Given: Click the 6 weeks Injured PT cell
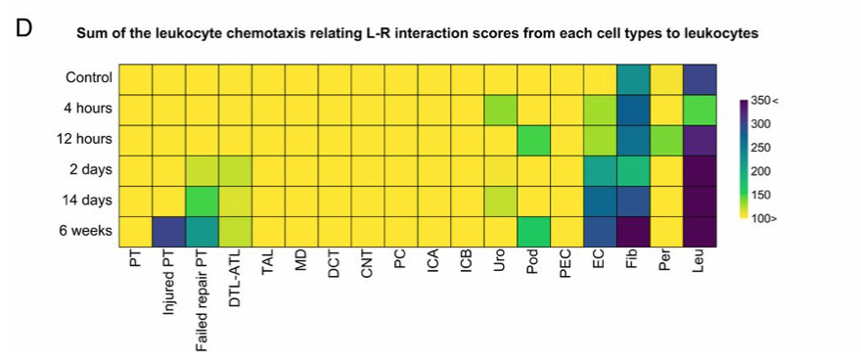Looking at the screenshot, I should [x=169, y=232].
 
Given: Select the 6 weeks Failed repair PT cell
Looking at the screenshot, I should [x=202, y=232].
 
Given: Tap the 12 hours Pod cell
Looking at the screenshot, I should [x=532, y=140].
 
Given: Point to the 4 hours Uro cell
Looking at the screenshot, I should [x=499, y=109].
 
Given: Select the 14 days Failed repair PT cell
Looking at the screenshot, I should [x=202, y=201].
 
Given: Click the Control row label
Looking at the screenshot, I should [x=89, y=77].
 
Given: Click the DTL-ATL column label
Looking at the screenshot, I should [x=235, y=278].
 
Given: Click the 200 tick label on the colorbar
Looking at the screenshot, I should [x=760, y=170].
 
